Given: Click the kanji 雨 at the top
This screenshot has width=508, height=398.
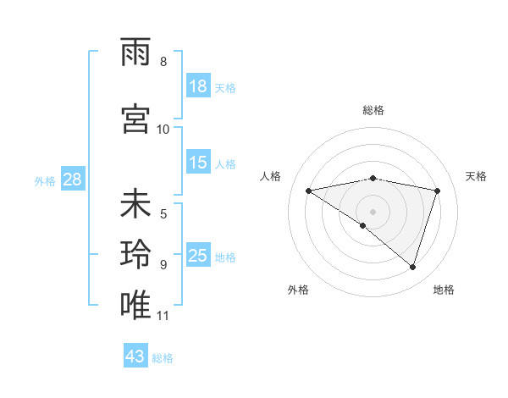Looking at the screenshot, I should (136, 54).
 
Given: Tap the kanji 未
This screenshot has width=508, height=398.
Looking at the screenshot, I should (136, 206).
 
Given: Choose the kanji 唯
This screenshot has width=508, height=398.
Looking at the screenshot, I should (136, 304).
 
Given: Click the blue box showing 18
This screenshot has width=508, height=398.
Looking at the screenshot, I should (198, 86).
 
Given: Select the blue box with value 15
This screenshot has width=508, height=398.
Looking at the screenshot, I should (198, 163).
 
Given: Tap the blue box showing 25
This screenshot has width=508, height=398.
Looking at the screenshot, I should (198, 256).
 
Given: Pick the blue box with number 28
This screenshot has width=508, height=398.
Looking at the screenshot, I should (72, 180).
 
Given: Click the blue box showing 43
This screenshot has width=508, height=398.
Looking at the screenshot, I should (135, 357).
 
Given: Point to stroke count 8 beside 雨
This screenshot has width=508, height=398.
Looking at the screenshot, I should (163, 62).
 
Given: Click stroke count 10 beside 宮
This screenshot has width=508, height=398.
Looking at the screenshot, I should (163, 129).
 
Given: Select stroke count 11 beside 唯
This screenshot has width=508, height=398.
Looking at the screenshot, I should (163, 316).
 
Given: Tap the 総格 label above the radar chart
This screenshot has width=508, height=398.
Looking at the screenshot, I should (373, 110).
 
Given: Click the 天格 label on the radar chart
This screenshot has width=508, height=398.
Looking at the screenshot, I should (476, 176).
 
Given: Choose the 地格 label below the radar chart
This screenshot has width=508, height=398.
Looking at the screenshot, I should (444, 290).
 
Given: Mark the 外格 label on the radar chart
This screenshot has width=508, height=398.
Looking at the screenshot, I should (298, 290).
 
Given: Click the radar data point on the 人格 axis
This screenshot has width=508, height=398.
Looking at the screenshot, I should (309, 191).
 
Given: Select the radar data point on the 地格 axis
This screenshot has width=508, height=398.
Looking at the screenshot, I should (412, 267).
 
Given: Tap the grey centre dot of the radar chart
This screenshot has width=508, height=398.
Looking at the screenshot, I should (373, 211).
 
